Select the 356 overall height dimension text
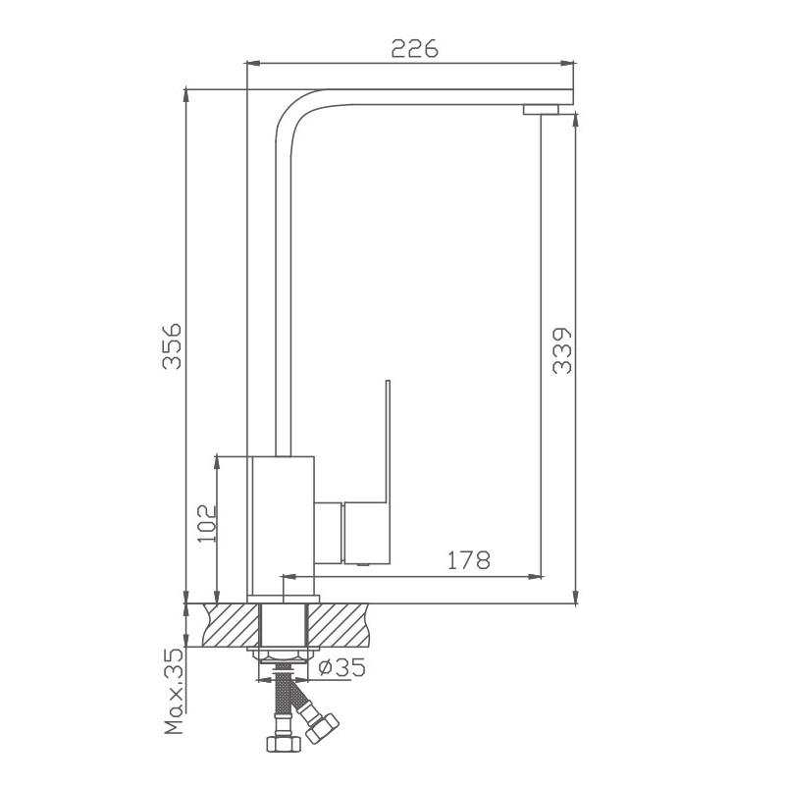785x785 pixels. [173, 344]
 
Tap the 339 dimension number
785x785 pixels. [562, 349]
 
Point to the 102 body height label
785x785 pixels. [206, 529]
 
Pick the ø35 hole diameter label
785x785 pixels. [342, 668]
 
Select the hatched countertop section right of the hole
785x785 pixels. [342, 625]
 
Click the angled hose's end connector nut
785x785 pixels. [322, 729]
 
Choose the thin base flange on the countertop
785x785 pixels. [283, 598]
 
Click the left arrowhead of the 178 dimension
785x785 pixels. [288, 574]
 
